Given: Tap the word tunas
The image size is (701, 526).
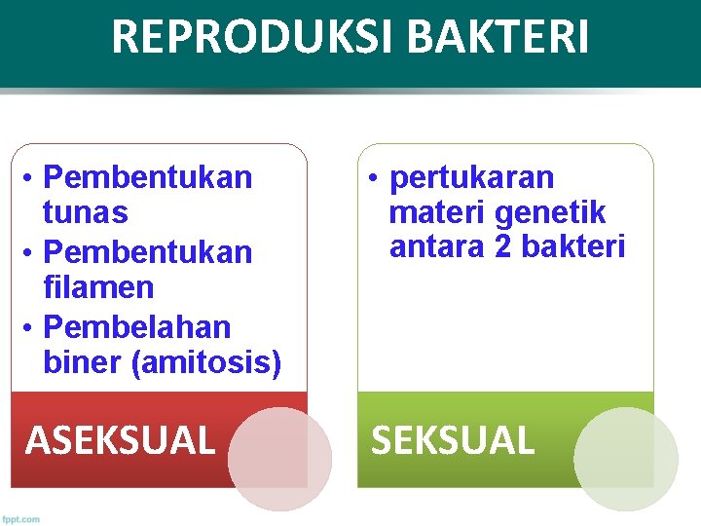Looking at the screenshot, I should click(x=86, y=212).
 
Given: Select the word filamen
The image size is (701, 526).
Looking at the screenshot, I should click(x=98, y=287).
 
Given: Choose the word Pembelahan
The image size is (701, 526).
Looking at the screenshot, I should click(x=138, y=325).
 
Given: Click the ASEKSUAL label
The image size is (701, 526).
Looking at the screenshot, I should click(x=120, y=440).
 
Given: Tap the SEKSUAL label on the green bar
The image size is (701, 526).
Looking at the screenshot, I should click(x=453, y=440).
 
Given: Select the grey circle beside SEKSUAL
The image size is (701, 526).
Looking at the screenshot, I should click(x=625, y=459).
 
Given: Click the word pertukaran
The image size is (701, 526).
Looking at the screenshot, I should click(x=471, y=177).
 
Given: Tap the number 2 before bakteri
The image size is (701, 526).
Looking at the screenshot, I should click(x=502, y=247).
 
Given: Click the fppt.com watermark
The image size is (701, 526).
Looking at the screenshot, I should click(x=21, y=518).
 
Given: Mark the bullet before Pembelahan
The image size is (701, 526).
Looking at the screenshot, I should click(x=30, y=326).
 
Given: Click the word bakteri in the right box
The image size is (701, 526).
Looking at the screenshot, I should click(x=572, y=247).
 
